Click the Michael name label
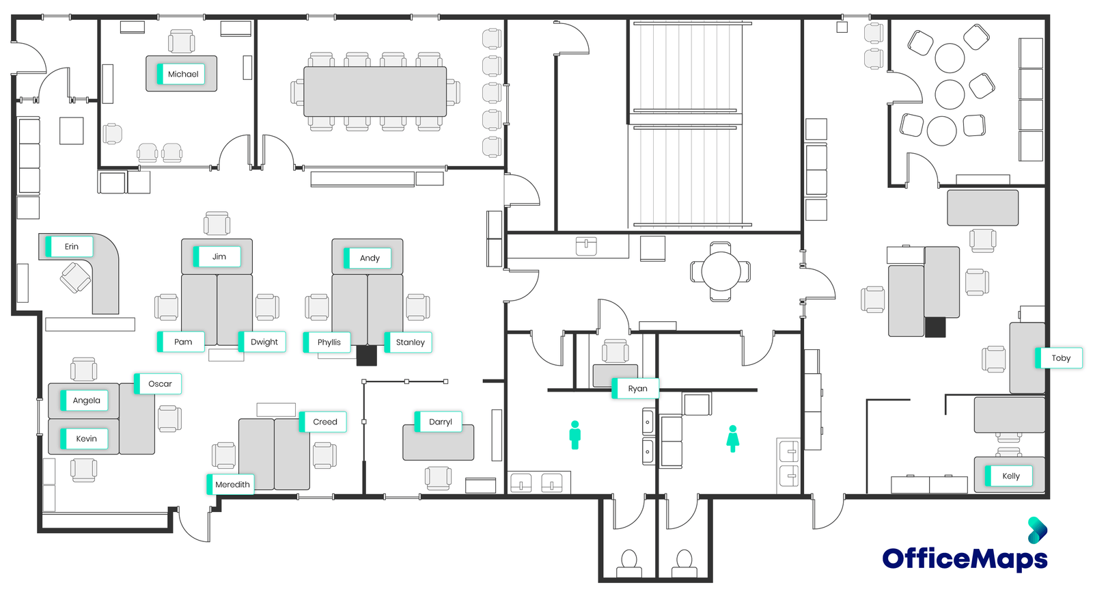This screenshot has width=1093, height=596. [x=182, y=74]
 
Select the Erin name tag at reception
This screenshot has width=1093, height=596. [x=70, y=247]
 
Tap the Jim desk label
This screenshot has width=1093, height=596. [x=219, y=257]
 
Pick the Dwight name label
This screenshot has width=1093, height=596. [x=263, y=342]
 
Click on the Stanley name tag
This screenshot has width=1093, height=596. [x=409, y=342]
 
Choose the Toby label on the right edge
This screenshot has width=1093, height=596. [x=1060, y=358]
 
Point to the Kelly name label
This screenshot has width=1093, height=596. [x=1010, y=476]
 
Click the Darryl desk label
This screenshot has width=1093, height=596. [x=439, y=422]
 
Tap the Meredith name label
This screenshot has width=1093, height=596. [x=232, y=485]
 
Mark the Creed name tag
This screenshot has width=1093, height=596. [x=324, y=422]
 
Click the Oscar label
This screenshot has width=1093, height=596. [x=159, y=383]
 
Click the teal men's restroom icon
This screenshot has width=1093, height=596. [x=575, y=435]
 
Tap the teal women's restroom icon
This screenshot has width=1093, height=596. [x=733, y=438]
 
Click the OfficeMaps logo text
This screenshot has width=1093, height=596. [x=964, y=558]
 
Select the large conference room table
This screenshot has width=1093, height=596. [x=375, y=92]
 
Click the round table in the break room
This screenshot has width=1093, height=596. [x=721, y=271]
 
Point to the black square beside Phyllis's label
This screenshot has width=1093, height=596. [x=367, y=355]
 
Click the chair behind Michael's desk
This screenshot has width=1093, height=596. [x=182, y=41]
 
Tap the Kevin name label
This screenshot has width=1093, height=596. [x=85, y=439]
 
